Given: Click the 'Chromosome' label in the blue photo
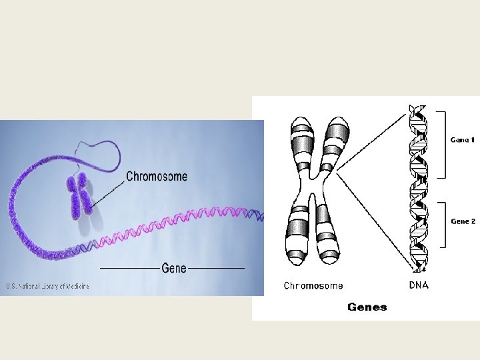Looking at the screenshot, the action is [157, 177].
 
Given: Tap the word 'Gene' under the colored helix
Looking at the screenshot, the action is [174, 268].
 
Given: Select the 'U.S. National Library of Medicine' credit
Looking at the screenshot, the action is [47, 287].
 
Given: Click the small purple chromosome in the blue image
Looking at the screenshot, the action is [79, 197].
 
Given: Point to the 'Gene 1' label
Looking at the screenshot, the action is [463, 140].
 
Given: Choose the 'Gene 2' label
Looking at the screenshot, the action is [463, 221].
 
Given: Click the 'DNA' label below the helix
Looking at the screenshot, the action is [418, 285].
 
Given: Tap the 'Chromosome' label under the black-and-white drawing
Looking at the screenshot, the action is [313, 285].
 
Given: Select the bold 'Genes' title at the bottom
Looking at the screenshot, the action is [367, 307].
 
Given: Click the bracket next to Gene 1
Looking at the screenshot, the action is [443, 145].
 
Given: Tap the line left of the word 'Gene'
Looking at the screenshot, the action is [130, 268].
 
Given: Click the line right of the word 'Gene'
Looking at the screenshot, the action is [217, 268].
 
